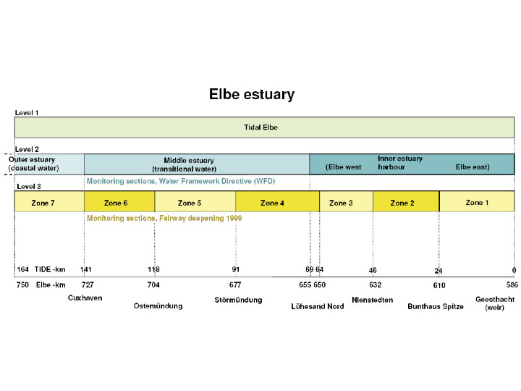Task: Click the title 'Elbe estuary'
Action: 252,94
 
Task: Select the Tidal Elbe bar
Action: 265,127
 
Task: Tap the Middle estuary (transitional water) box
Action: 197,164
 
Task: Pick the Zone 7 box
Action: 49,201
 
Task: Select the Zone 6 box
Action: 119,201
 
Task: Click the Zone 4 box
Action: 277,201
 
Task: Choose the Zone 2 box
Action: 406,201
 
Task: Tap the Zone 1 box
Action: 477,201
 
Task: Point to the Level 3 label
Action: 29,187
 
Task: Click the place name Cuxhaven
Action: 85,298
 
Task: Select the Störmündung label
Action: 238,300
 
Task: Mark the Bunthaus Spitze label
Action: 436,306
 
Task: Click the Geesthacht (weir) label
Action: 495,303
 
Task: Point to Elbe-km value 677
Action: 235,285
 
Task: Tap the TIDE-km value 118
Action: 153,269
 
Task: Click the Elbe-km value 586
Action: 512,285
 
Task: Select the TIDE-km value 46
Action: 373,270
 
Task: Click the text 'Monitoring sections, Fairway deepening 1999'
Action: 164,219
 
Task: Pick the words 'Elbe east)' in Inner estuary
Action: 473,167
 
